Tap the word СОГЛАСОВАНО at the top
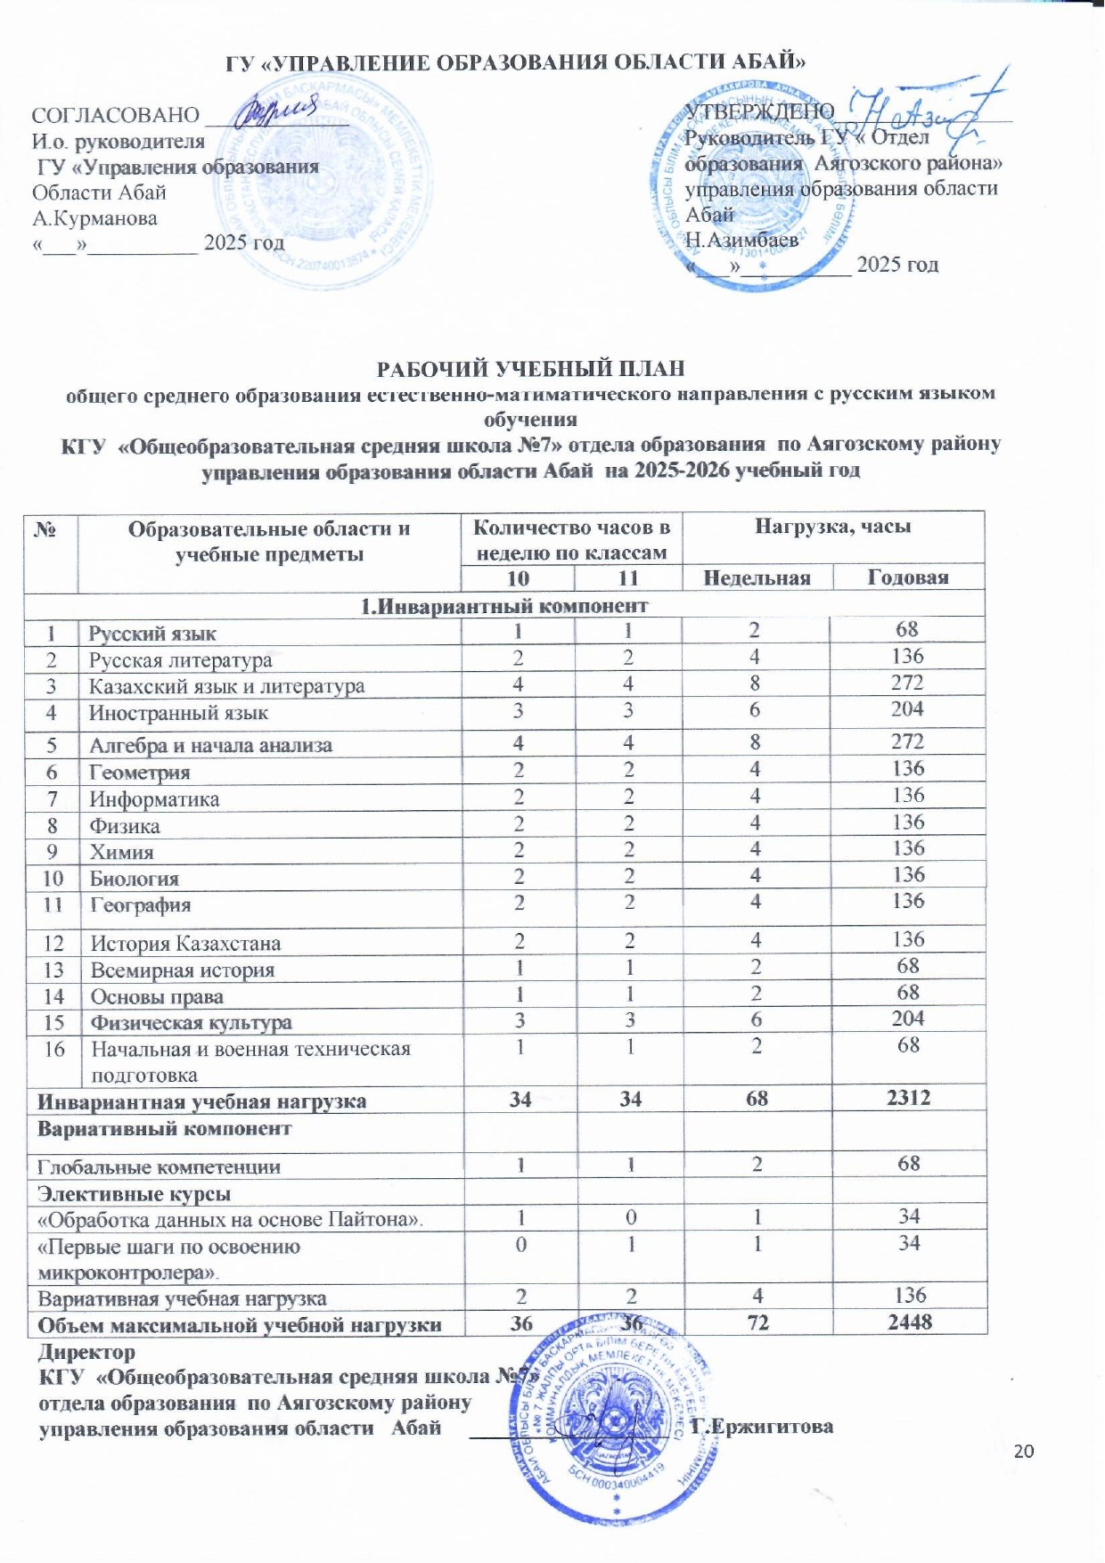[115, 115]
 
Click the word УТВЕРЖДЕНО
[759, 111]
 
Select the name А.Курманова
[94, 218]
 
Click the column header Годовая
[907, 577]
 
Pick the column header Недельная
[757, 577]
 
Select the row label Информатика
[154, 799]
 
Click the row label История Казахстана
[185, 943]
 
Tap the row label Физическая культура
[191, 1023]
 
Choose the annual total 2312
[908, 1098]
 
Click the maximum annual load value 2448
[910, 1322]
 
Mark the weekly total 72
[757, 1322]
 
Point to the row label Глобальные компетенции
[159, 1166]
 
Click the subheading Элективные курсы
[134, 1193]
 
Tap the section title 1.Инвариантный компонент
[503, 606]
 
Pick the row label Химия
[121, 852]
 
